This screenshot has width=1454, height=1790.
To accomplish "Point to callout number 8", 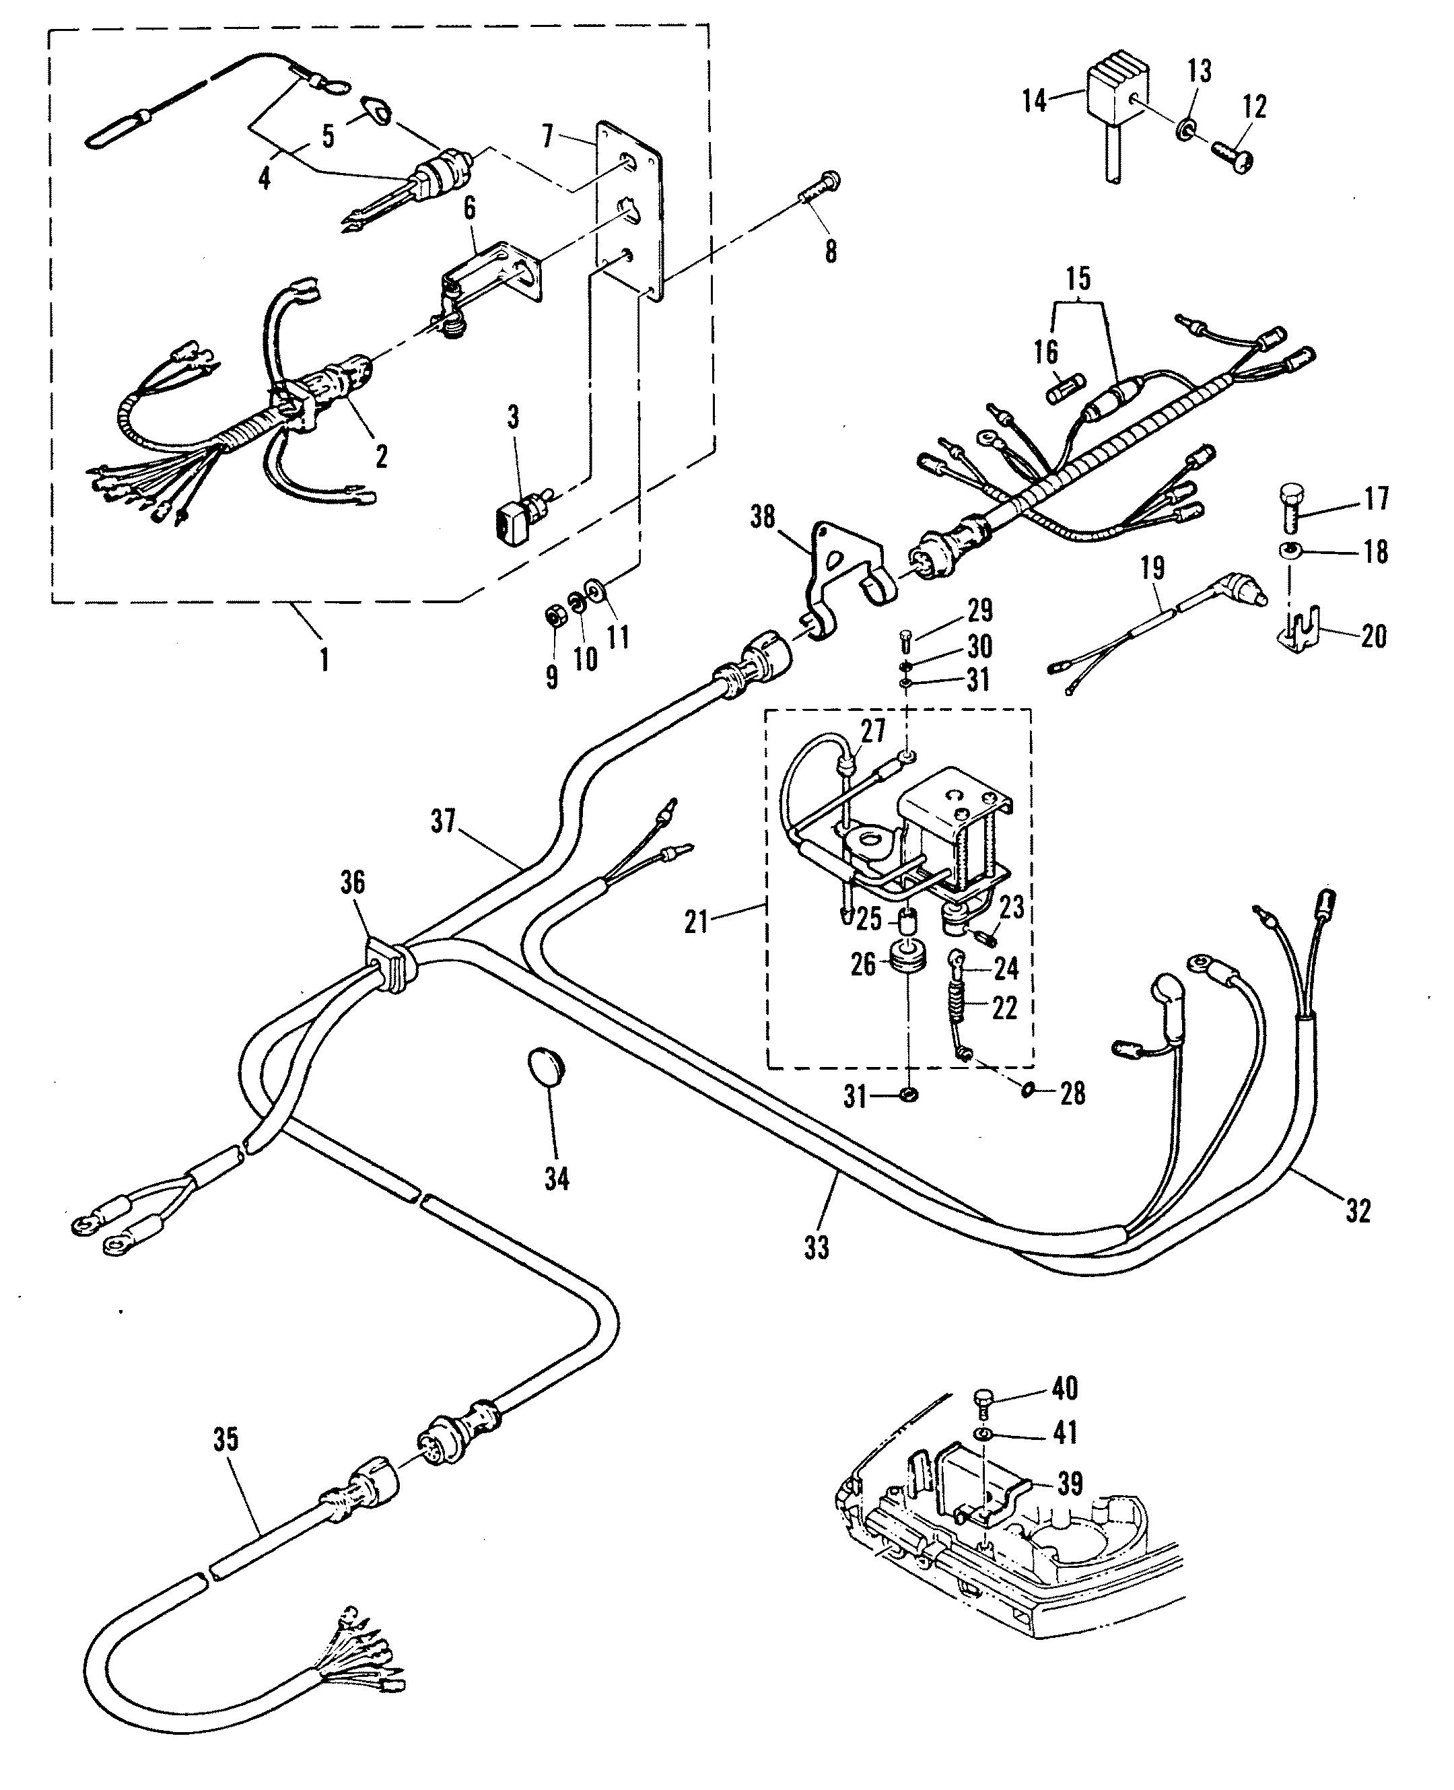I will [x=830, y=251].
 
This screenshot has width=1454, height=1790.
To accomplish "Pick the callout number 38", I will [x=762, y=517].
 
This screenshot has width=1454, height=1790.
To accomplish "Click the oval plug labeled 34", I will [x=547, y=1070].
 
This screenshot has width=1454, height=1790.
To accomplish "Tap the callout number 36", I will [x=353, y=882].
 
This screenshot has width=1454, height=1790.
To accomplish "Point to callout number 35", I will [x=226, y=1440].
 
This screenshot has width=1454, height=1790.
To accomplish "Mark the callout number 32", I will [x=1358, y=1210].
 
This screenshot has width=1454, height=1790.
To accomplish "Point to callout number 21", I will [x=696, y=922].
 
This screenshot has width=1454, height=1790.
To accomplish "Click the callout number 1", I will [x=324, y=661].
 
